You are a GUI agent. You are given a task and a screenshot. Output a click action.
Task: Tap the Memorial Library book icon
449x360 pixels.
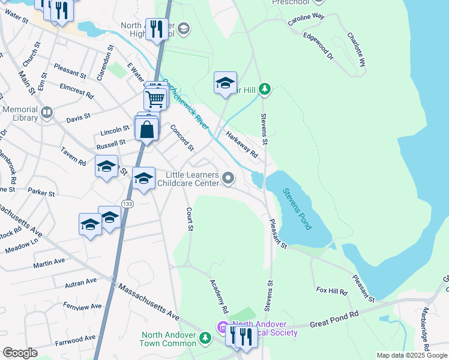(47, 112)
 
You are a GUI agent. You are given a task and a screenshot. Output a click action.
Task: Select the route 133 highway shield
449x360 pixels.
(127, 204)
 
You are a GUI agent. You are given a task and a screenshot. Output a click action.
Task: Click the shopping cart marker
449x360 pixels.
(155, 98)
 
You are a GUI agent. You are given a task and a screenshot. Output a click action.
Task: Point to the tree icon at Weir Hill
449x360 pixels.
(265, 90)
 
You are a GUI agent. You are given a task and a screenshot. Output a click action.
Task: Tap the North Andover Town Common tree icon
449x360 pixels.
(205, 339)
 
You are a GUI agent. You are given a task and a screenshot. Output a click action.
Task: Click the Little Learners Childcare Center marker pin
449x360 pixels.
(228, 178)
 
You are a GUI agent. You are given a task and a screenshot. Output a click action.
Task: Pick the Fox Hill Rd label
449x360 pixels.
(332, 291)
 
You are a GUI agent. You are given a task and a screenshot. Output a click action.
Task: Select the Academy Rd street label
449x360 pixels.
(219, 296)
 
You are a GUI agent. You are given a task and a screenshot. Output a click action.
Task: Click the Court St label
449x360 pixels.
(190, 219)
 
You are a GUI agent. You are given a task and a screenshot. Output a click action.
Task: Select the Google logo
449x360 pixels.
(20, 353)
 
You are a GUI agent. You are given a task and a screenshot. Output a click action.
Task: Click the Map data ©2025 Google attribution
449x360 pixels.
(411, 355)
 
